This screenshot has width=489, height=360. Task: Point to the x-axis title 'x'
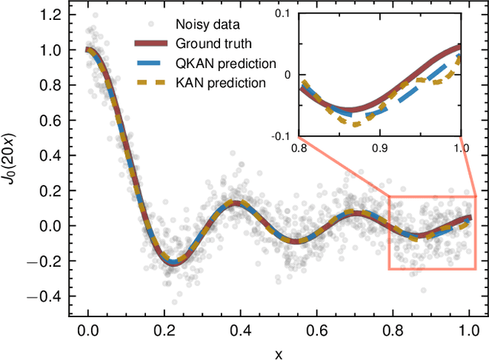(279, 352)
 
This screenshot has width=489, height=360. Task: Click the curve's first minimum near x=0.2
(173, 262)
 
